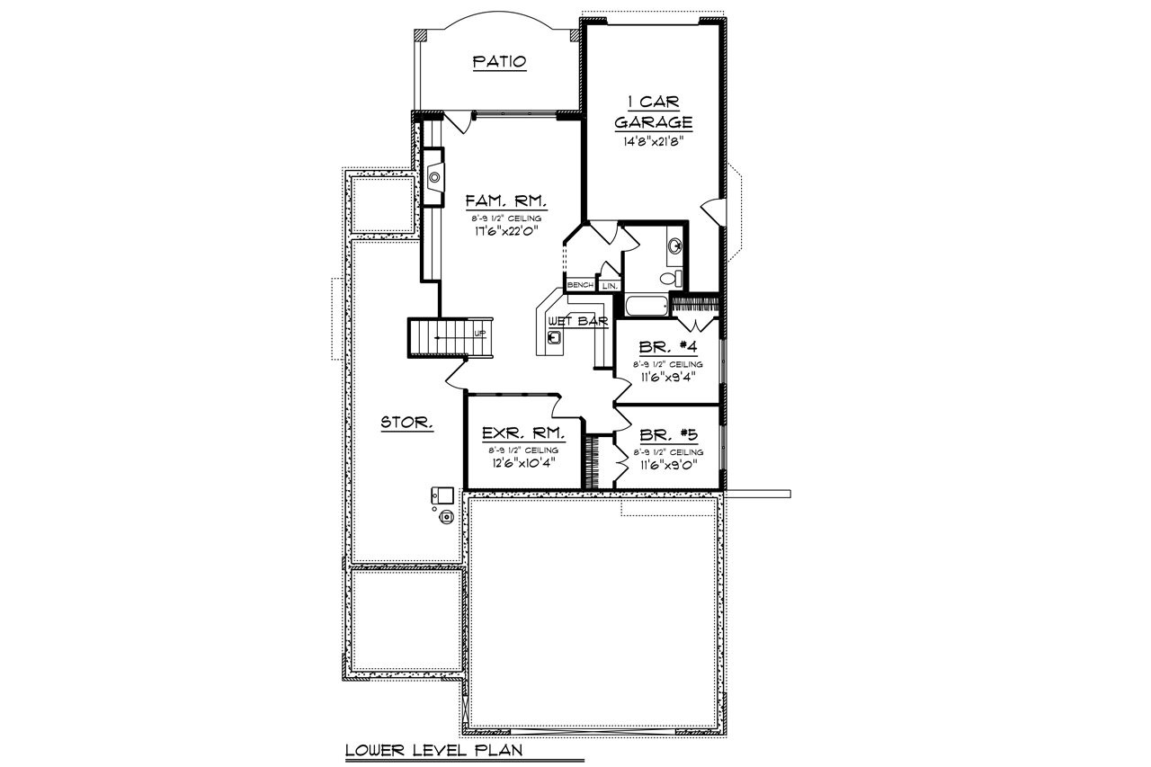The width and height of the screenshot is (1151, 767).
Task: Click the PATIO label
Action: pos(499,62)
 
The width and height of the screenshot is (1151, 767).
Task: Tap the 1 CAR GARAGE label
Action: pos(653,113)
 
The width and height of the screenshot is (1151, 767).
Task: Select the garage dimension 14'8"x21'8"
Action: pos(653,141)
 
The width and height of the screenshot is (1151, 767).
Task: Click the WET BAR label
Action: pos(584,320)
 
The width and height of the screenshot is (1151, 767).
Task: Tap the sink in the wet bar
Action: pos(556,338)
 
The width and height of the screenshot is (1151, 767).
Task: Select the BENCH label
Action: pos(580,285)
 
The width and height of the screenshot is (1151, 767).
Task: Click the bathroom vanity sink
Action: pos(676,245)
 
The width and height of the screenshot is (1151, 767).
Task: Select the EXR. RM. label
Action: pos(522,433)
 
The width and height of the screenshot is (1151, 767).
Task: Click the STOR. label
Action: pos(407,421)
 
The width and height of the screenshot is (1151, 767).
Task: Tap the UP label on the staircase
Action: pos(479,334)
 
